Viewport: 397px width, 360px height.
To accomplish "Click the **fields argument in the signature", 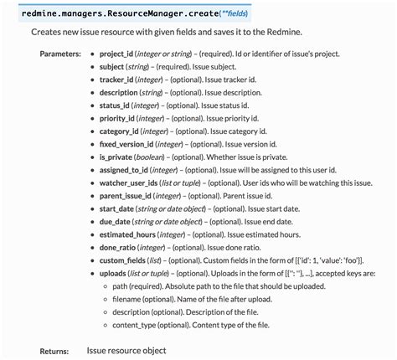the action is pos(248,13).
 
